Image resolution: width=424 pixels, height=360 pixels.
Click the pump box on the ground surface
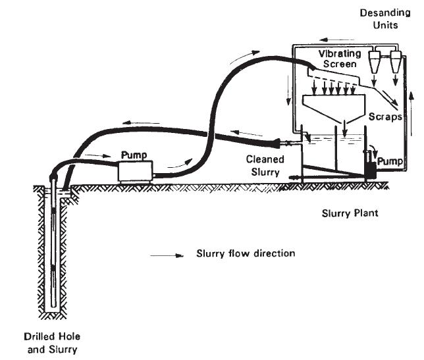pyautogui.click(x=135, y=172)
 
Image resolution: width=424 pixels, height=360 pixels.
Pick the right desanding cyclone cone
pyautogui.click(x=395, y=63)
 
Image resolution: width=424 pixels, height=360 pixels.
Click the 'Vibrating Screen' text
pyautogui.click(x=338, y=59)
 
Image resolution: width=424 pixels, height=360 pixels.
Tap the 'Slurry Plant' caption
pyautogui.click(x=350, y=213)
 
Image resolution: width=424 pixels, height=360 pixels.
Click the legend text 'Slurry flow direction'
pyautogui.click(x=245, y=253)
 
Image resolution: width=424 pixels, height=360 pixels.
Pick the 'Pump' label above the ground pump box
pyautogui.click(x=134, y=156)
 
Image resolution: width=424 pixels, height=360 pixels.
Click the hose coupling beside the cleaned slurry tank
pyautogui.click(x=282, y=143)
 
